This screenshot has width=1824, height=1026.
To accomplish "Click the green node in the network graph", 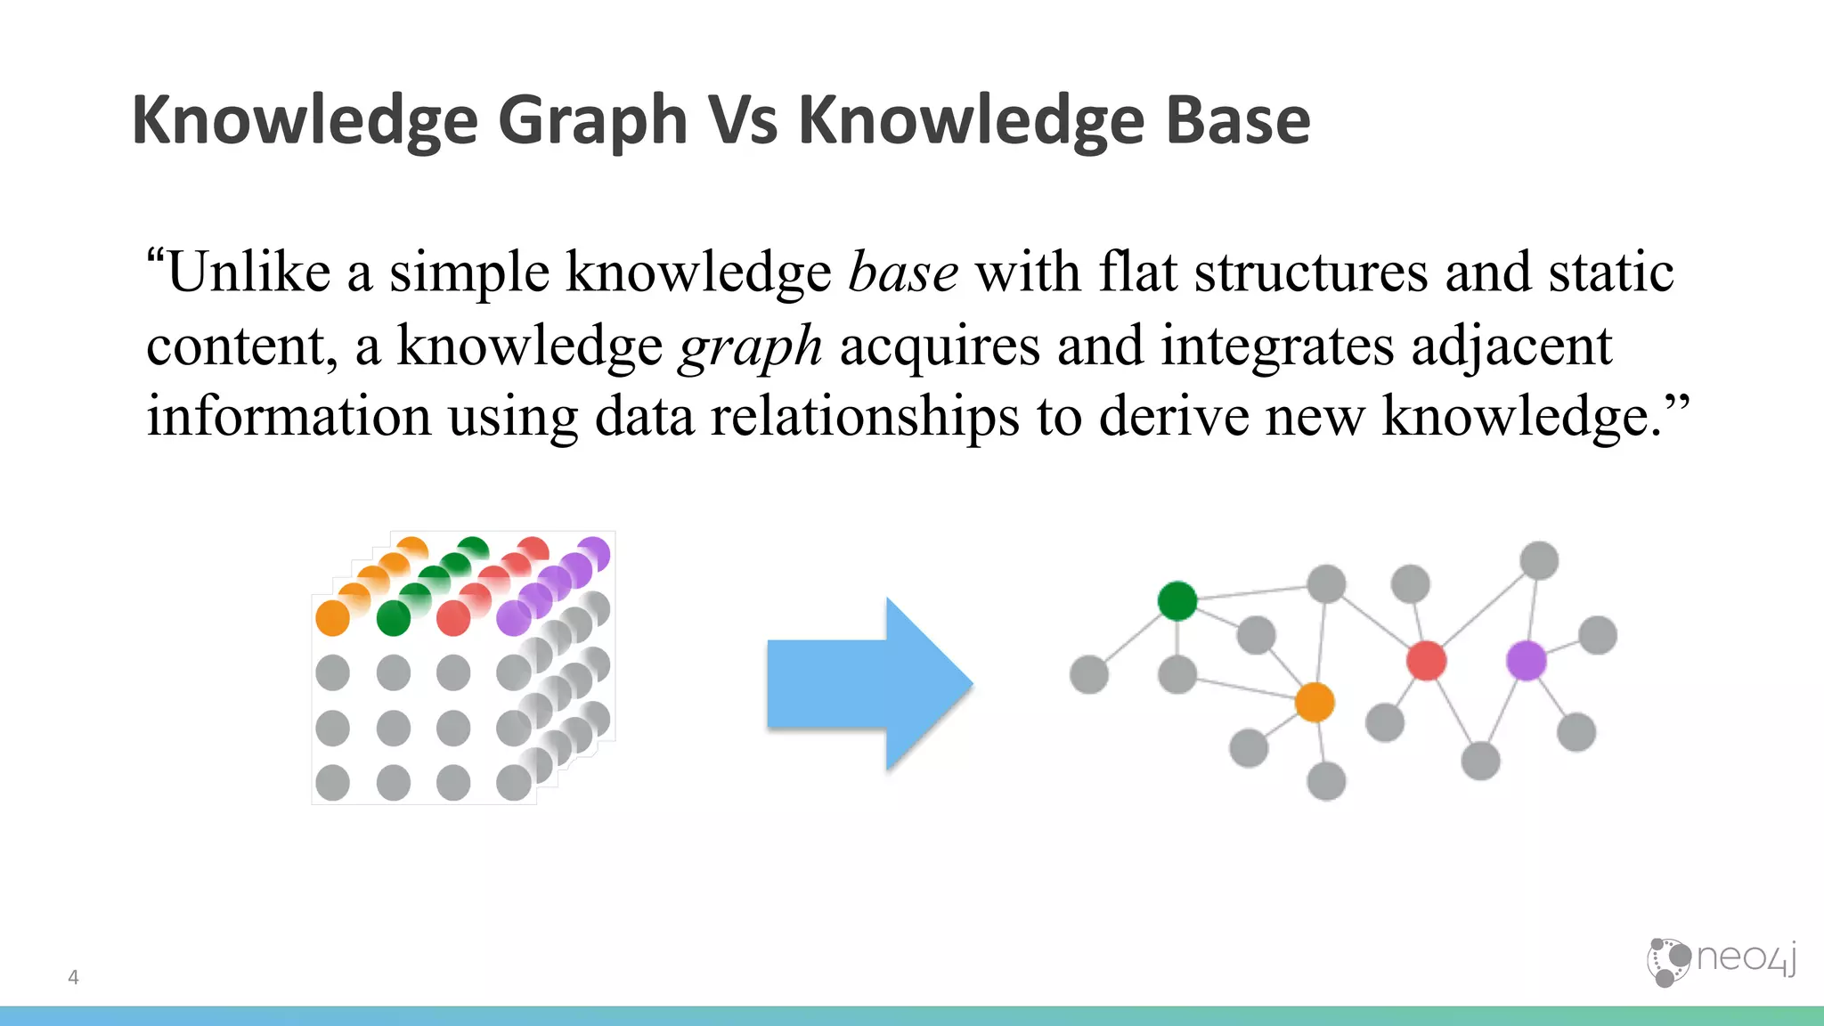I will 1177,600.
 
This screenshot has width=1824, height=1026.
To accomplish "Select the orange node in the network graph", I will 1315,703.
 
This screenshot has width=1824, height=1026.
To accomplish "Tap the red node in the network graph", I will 1426,661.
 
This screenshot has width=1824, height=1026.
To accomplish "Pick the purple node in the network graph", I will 1526,661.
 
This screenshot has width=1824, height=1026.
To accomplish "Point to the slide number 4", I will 73,977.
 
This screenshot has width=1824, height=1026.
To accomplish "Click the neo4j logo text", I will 1745,958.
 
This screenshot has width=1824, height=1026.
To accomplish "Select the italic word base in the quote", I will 903,273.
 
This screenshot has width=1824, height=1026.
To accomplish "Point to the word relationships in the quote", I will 864,416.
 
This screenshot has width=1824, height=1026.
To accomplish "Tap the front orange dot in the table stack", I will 332,618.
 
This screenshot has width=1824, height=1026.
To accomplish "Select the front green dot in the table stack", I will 393,618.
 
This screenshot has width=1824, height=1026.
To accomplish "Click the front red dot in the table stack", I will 453,618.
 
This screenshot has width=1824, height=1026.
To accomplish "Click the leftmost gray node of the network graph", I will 1088,674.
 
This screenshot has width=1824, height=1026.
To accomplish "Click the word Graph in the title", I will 592,121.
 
